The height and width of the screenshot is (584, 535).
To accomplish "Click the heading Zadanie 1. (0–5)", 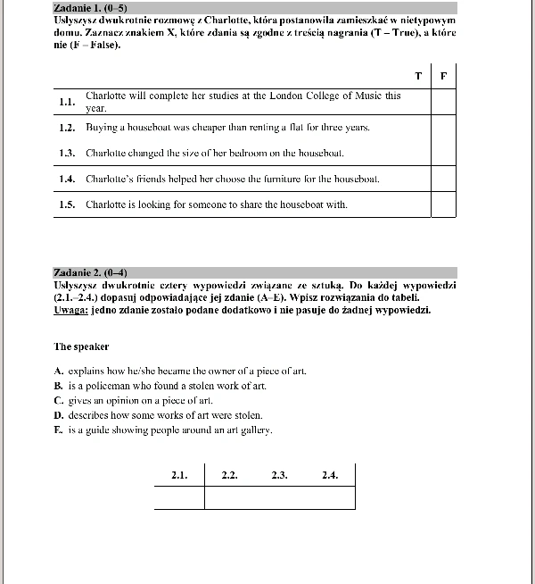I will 85,7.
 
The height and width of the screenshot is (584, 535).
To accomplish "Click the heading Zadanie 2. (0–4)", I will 85,271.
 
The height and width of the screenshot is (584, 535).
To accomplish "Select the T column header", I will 418,75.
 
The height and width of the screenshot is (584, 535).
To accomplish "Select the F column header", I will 444,75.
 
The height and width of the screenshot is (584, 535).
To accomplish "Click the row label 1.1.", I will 66,102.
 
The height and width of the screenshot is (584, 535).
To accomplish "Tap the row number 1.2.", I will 66,128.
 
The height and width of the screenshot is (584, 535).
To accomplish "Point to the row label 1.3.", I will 66,154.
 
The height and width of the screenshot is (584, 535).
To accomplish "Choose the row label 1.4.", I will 66,179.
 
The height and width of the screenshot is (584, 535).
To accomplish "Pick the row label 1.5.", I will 66,204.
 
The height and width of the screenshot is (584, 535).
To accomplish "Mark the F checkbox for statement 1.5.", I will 444,204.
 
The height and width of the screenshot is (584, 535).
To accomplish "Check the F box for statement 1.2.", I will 444,128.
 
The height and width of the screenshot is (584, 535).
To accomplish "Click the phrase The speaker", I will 81,346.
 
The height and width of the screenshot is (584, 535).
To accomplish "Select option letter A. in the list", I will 58,370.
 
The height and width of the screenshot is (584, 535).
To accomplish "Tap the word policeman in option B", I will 111,385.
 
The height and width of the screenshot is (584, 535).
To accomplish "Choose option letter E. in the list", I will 58,430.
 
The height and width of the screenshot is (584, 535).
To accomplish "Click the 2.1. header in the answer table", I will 179,475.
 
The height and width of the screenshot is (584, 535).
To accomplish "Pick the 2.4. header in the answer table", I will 330,475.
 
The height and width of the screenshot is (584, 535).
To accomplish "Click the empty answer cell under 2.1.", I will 179,496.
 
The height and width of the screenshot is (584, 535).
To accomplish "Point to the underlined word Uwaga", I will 70,311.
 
